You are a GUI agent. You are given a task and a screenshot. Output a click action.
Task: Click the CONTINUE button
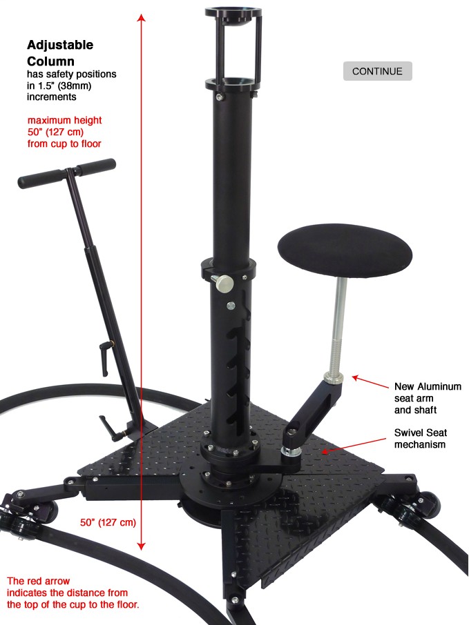(377, 71)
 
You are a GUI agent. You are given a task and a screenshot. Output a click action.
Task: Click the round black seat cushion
(345, 250)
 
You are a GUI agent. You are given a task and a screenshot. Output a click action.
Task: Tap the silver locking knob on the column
(224, 283)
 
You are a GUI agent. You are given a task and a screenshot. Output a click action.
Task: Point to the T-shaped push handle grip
(67, 173)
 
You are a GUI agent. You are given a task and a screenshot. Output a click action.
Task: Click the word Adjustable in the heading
(60, 45)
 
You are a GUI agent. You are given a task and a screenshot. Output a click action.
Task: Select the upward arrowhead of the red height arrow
(141, 17)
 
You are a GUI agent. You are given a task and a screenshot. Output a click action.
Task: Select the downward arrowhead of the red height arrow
(141, 546)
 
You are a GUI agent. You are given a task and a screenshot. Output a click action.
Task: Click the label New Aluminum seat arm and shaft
(428, 398)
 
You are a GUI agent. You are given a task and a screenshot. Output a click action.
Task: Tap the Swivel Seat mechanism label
(420, 439)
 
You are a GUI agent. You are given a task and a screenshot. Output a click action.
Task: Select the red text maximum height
(65, 120)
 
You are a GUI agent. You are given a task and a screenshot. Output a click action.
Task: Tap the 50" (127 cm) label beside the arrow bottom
(108, 522)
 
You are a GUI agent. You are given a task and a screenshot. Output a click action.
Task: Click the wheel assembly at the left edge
(28, 514)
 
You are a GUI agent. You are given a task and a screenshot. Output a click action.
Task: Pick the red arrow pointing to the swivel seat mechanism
(354, 445)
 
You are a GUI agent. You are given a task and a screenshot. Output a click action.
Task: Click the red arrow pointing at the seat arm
(370, 382)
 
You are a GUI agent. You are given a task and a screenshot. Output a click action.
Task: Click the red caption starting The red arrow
(73, 593)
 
